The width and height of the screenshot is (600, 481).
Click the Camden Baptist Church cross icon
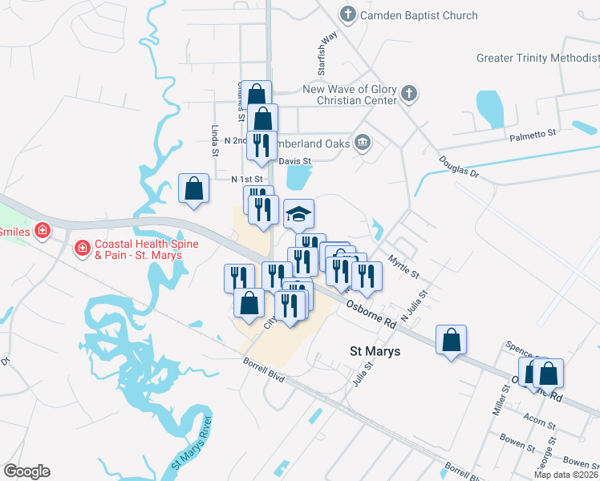pos(347,14)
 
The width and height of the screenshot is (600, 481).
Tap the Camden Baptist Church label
pos(419,15)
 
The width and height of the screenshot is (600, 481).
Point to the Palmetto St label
pos(533,138)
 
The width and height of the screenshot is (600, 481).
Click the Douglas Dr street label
pos(458,166)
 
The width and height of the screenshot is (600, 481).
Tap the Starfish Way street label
pos(328,49)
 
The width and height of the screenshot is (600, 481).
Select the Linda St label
pos(215,140)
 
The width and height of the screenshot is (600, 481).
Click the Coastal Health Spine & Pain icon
pos(81,249)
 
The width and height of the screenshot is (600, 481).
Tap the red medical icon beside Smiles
pos(43,232)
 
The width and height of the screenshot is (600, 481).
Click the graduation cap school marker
pos(298,214)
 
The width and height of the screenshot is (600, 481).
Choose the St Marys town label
pos(375,351)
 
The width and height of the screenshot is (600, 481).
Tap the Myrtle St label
pos(403,267)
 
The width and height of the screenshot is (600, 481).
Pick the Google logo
pos(26,471)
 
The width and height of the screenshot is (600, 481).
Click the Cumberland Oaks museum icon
pos(363,143)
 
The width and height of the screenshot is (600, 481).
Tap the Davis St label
pos(294,160)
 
